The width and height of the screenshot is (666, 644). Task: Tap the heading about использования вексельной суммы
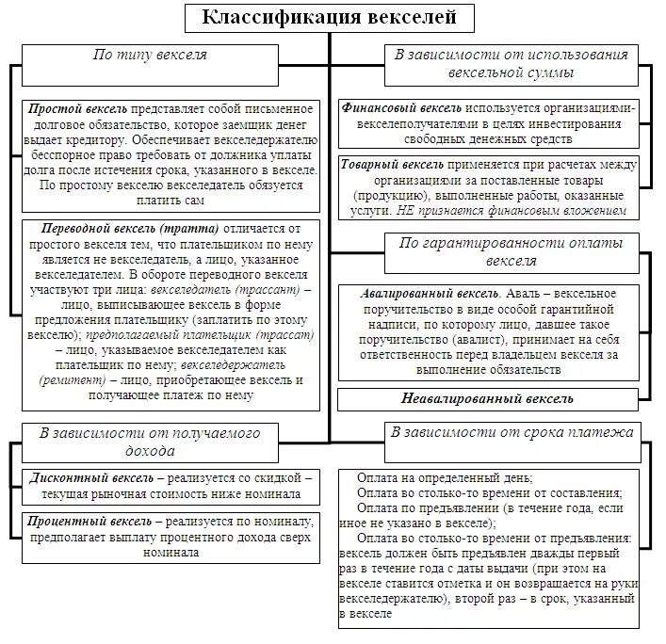[x=512, y=63]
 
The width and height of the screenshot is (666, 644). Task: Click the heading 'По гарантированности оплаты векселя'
[x=512, y=251]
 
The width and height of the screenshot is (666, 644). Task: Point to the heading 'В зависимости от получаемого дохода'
[x=150, y=442]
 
